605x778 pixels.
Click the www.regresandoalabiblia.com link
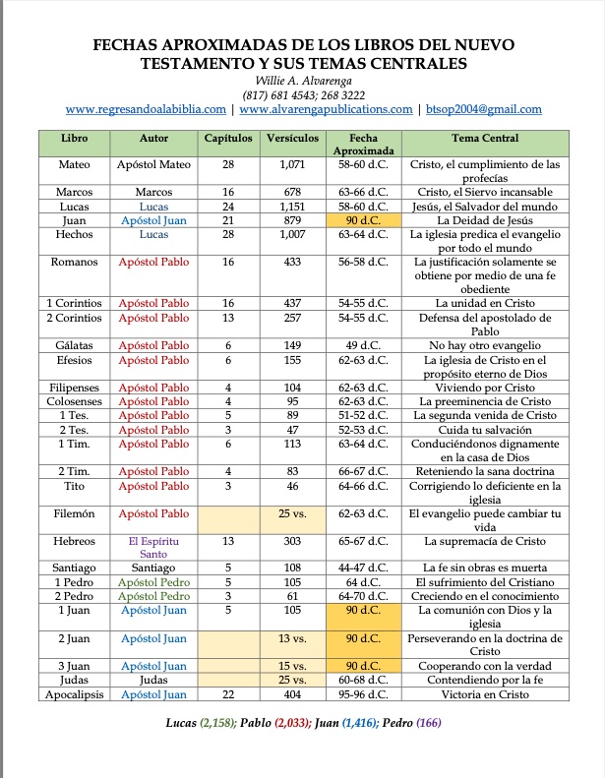pos(146,109)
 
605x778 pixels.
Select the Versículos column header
pos(291,139)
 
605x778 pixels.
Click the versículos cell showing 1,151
pos(291,208)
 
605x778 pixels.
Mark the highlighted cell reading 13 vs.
pos(291,638)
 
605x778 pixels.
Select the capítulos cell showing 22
pos(227,694)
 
